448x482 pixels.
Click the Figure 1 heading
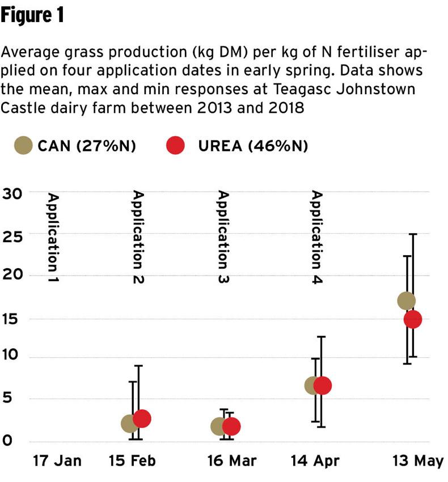pos(32,16)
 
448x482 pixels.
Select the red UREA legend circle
pos(176,146)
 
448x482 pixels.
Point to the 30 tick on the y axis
pos(12,193)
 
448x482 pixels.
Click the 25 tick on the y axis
pos(12,235)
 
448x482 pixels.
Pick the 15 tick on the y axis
pos(12,318)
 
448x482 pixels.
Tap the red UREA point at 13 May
pos(413,319)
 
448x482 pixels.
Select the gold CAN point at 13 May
pos(407,301)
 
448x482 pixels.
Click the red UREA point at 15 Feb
pos(142,418)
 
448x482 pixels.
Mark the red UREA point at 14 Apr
pos(322,386)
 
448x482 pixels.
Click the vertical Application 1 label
pos(53,238)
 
